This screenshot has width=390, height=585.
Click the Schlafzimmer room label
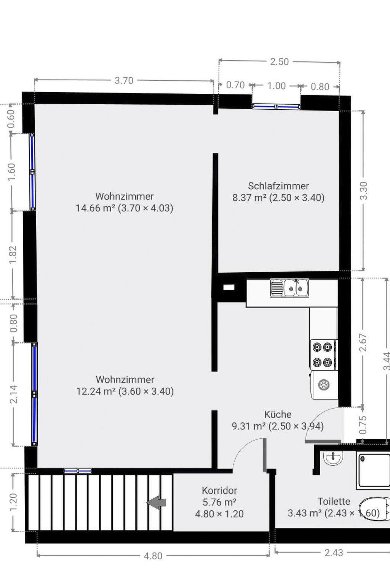pyautogui.click(x=278, y=186)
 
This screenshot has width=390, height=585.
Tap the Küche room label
pyautogui.click(x=278, y=414)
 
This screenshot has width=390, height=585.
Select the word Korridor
pyautogui.click(x=219, y=491)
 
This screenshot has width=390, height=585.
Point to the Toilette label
pyautogui.click(x=334, y=501)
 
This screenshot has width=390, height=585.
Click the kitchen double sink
pyautogui.click(x=289, y=288)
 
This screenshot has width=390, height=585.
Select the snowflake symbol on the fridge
pyautogui.click(x=324, y=385)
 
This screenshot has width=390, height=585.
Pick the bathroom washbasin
pyautogui.click(x=333, y=459)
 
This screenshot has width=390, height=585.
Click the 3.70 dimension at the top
pyautogui.click(x=124, y=80)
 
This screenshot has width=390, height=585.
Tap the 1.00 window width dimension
pyautogui.click(x=277, y=86)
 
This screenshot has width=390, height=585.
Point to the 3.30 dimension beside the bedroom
pyautogui.click(x=363, y=191)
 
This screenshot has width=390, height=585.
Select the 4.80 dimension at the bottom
pyautogui.click(x=153, y=556)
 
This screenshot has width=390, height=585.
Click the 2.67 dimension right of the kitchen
pyautogui.click(x=363, y=342)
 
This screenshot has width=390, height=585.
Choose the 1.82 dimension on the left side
pyautogui.click(x=13, y=255)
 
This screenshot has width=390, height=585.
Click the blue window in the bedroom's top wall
pyautogui.click(x=276, y=106)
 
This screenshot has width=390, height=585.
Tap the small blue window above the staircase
pyautogui.click(x=78, y=471)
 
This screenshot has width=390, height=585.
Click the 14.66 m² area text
pyautogui.click(x=96, y=208)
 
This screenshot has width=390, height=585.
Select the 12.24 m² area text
pyautogui.click(x=96, y=391)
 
